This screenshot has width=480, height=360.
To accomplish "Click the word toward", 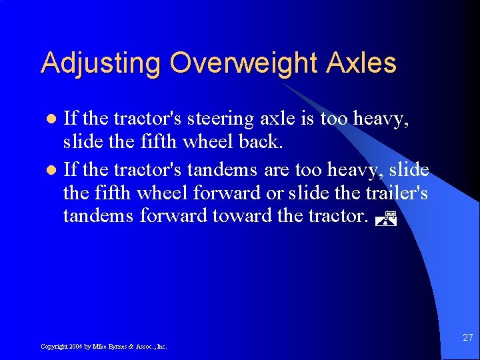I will [x=241, y=217].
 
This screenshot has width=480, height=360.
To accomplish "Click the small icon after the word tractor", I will [x=385, y=217].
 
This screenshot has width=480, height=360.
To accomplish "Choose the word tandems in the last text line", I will [x=98, y=217].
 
